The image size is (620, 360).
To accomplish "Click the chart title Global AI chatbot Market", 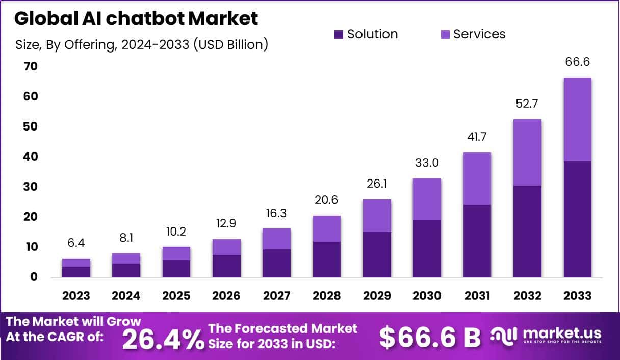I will click(136, 19).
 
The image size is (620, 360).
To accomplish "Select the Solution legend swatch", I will click(339, 35).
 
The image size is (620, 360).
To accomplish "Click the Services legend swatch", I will click(445, 35).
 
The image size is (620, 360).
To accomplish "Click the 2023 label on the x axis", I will click(76, 296).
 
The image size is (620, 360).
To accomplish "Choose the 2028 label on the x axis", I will click(326, 296).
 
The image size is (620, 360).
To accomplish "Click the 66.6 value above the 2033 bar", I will click(577, 62).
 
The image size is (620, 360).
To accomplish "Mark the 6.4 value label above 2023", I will click(76, 243).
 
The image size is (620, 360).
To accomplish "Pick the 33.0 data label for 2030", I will click(427, 163).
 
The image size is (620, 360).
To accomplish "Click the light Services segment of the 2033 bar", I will click(577, 119).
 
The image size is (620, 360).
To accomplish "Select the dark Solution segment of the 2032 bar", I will click(527, 232).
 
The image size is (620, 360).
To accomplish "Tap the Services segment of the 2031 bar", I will click(477, 178).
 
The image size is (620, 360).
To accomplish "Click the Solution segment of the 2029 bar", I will click(377, 255).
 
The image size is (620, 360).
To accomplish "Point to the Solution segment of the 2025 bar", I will click(176, 269).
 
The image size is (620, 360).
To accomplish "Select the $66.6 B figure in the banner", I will click(430, 337).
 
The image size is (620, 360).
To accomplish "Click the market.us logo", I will click(546, 336).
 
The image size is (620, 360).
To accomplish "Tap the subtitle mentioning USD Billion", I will click(142, 45).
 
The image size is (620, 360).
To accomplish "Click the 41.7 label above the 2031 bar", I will click(477, 137).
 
